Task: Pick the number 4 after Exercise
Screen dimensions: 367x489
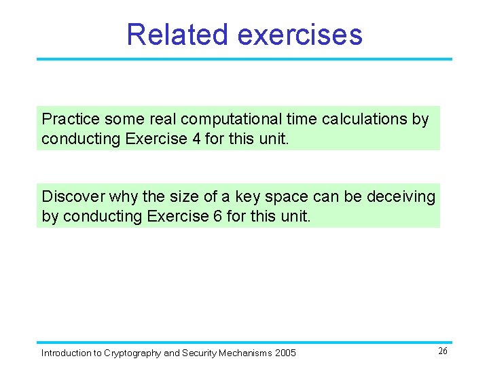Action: (x=196, y=139)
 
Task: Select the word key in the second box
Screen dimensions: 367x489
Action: (x=249, y=196)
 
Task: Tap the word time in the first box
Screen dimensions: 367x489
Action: (x=302, y=119)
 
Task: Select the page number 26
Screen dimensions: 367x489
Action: (x=442, y=351)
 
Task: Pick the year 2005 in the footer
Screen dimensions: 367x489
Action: (x=285, y=353)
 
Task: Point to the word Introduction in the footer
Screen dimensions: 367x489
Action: (x=67, y=353)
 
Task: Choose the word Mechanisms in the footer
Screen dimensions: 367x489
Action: (x=244, y=353)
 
